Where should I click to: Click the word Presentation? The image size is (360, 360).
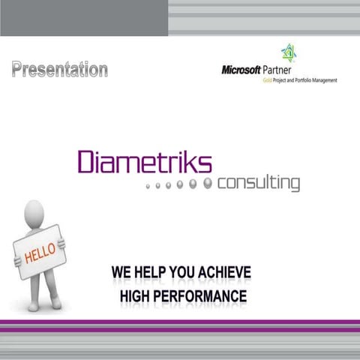(x=59, y=70)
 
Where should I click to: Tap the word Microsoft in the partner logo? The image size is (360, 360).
(x=241, y=70)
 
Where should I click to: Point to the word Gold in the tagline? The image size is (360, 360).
(x=266, y=80)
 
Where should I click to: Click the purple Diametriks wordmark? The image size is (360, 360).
(x=145, y=163)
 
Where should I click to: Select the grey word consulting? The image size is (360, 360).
(x=259, y=183)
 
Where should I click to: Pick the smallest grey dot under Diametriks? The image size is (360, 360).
(x=148, y=184)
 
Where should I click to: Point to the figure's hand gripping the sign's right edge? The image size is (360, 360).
(x=61, y=243)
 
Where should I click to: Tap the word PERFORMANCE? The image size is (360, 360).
(x=202, y=296)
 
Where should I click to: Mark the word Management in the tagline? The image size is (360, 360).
(x=325, y=80)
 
